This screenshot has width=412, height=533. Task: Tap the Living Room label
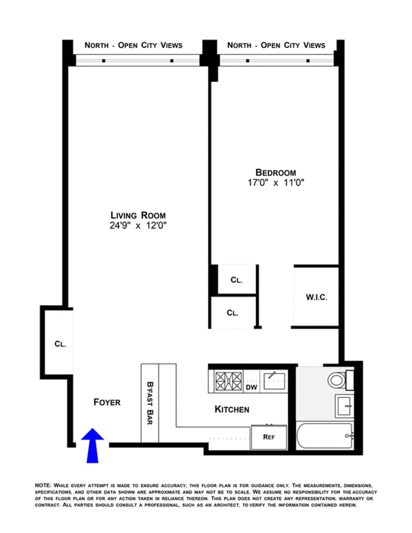pyautogui.click(x=138, y=215)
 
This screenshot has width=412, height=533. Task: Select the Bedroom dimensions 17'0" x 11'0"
pyautogui.click(x=276, y=183)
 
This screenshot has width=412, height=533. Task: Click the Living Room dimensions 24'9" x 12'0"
pyautogui.click(x=138, y=225)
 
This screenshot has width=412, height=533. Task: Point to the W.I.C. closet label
pyautogui.click(x=317, y=297)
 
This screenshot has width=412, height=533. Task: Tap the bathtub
pyautogui.click(x=325, y=436)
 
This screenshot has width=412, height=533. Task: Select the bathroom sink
pyautogui.click(x=344, y=406)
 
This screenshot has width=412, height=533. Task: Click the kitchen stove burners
pyautogui.click(x=229, y=382)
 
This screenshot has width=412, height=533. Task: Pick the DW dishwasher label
pyautogui.click(x=251, y=387)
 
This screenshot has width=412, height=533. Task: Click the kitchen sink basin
pyautogui.click(x=274, y=381)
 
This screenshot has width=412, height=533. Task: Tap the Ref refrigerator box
pyautogui.click(x=269, y=437)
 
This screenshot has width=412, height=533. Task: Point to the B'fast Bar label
pyautogui.click(x=150, y=403)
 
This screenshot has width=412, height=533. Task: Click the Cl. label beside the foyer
pyautogui.click(x=60, y=344)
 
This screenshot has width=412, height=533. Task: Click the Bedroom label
pyautogui.click(x=276, y=173)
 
